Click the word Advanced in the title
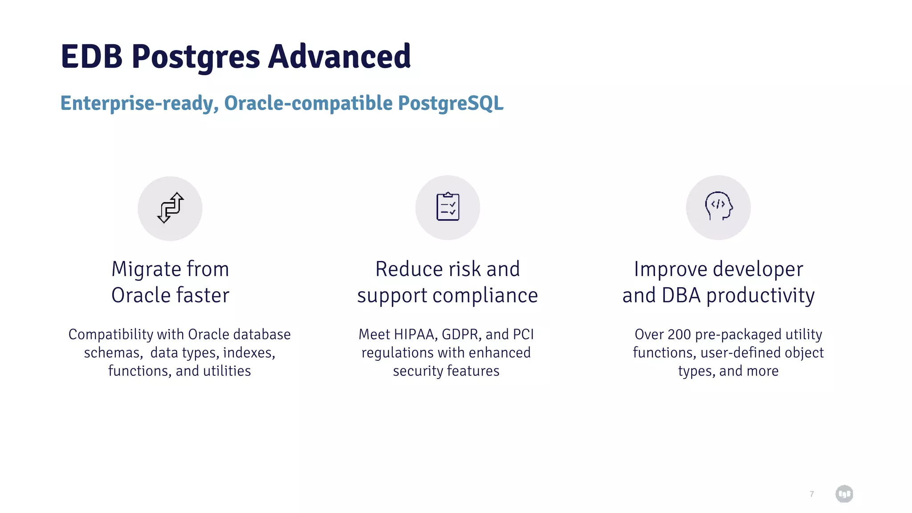click(339, 57)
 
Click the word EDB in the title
click(91, 57)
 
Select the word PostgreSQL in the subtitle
click(451, 103)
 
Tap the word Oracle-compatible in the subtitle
click(308, 103)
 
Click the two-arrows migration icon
click(170, 208)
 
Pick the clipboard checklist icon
click(448, 207)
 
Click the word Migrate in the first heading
click(146, 269)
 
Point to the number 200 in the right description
click(679, 334)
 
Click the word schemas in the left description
click(113, 353)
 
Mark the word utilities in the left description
click(227, 371)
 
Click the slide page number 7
click(812, 494)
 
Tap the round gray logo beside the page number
click(844, 493)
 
